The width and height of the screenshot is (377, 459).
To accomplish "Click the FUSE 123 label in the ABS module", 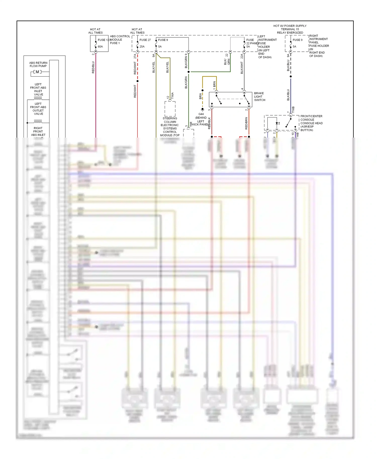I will click(x=104, y=40).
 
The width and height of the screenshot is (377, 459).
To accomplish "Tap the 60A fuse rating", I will click(x=100, y=47).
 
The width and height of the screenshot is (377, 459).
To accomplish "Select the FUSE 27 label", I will click(x=145, y=40).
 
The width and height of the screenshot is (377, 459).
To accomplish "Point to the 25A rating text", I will click(x=142, y=47).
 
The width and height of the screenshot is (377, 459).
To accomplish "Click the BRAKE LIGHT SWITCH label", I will click(x=259, y=97).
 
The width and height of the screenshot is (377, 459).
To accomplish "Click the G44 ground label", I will click(x=201, y=114).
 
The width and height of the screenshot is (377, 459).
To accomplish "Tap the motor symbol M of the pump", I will click(x=37, y=72).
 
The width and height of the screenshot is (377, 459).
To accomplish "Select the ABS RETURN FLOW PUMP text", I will click(x=38, y=65).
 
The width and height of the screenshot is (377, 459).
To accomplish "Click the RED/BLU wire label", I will click(x=93, y=67).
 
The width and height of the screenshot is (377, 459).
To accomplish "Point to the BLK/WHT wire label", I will click(x=242, y=68).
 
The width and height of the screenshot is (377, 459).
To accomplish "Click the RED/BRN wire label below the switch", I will click(x=246, y=123).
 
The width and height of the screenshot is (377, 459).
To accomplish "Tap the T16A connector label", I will click(x=172, y=96).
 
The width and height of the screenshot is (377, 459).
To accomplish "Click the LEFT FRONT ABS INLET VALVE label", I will click(x=38, y=90).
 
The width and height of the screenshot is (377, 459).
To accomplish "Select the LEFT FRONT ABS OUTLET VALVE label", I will click(x=38, y=109).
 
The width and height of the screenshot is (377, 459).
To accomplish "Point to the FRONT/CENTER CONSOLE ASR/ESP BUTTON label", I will click(x=311, y=123).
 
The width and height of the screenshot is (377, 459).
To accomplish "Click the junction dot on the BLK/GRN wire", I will click(x=189, y=72).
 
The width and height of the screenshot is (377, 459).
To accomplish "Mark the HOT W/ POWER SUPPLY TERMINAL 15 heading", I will click(x=290, y=29).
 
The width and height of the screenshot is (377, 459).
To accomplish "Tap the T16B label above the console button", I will click(x=293, y=110).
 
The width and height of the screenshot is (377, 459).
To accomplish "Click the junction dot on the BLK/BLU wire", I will click(x=291, y=76).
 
